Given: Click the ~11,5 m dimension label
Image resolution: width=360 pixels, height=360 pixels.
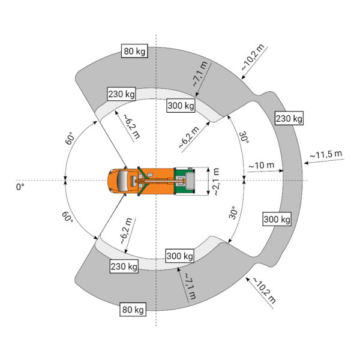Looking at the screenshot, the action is [x=326, y=154].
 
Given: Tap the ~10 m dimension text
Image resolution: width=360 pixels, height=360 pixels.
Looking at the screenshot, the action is [x=262, y=165].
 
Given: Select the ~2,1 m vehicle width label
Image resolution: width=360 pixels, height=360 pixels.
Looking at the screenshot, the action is [x=216, y=182].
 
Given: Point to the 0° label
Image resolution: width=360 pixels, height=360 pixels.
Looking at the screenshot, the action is [x=20, y=187].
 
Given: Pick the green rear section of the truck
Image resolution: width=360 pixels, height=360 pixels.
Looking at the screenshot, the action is [x=184, y=181].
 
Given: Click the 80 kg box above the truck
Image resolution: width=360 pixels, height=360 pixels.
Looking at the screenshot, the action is [x=134, y=51].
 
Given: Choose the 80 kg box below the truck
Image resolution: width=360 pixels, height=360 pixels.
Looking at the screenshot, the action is [x=133, y=310].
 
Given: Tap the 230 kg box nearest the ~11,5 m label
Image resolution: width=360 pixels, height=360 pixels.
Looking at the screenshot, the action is [x=289, y=118].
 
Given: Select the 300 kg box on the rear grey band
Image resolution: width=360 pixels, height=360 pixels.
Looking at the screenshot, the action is [x=277, y=219].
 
